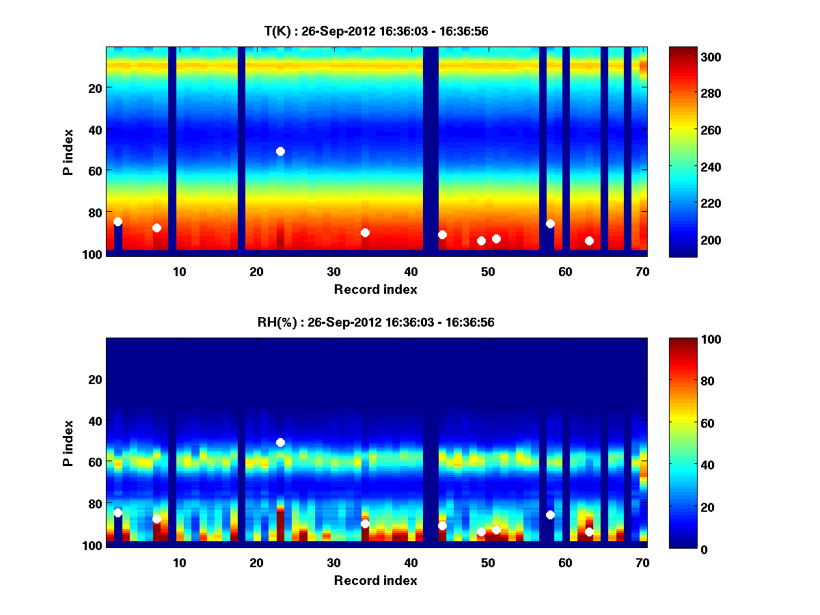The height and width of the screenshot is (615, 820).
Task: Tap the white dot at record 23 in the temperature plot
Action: [x=280, y=151]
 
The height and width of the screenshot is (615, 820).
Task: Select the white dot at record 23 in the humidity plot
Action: [x=280, y=442]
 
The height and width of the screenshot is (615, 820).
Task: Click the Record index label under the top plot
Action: [x=376, y=289]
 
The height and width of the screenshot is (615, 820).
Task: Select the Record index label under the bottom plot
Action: [x=376, y=580]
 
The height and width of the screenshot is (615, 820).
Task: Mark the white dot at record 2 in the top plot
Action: [x=118, y=221]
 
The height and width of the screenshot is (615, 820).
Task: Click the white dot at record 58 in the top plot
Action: [x=550, y=223]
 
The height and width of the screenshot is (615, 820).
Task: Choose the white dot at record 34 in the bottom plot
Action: [x=365, y=523]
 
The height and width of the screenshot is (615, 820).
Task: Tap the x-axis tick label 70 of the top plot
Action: [x=642, y=271]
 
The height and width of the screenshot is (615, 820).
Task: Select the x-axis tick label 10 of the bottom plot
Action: [x=179, y=562]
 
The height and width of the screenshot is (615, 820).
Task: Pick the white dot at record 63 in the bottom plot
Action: [x=589, y=532]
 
